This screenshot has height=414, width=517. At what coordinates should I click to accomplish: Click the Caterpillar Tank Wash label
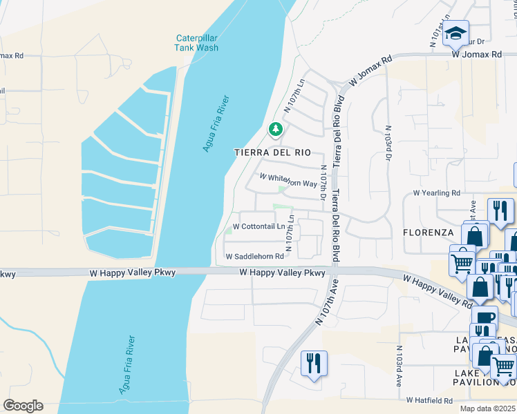197,43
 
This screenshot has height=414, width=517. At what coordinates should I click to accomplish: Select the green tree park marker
275,129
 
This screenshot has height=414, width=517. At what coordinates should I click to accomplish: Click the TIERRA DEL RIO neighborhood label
269,152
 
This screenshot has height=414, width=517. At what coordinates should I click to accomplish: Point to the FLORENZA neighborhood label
428,233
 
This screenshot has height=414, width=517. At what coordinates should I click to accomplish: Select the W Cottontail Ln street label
258,226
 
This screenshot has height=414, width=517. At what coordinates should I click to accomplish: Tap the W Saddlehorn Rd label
255,257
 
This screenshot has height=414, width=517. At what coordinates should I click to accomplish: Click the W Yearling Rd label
436,193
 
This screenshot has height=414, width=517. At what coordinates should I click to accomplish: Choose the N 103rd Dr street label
389,144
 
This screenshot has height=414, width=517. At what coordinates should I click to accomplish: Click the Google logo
23,406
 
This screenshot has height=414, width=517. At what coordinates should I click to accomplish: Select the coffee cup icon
485,316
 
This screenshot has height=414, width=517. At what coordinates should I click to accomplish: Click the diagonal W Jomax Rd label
370,70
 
